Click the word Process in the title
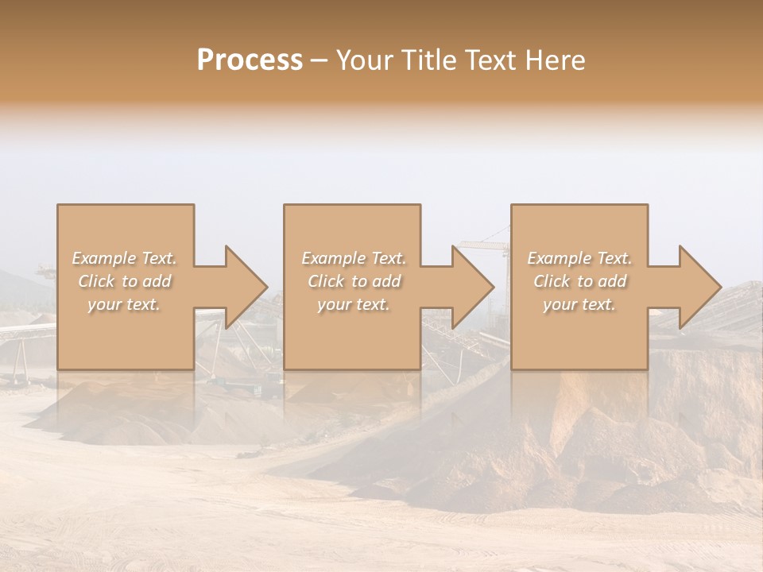click(250, 60)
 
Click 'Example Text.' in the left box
click(124, 258)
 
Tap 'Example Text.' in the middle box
click(354, 258)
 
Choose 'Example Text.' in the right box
click(579, 258)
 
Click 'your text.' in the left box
click(124, 304)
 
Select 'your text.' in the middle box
click(354, 304)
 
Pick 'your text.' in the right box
click(579, 304)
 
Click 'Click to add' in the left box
click(124, 281)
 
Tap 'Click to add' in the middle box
click(354, 281)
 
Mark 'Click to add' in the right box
click(579, 281)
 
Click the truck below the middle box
click(261, 388)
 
